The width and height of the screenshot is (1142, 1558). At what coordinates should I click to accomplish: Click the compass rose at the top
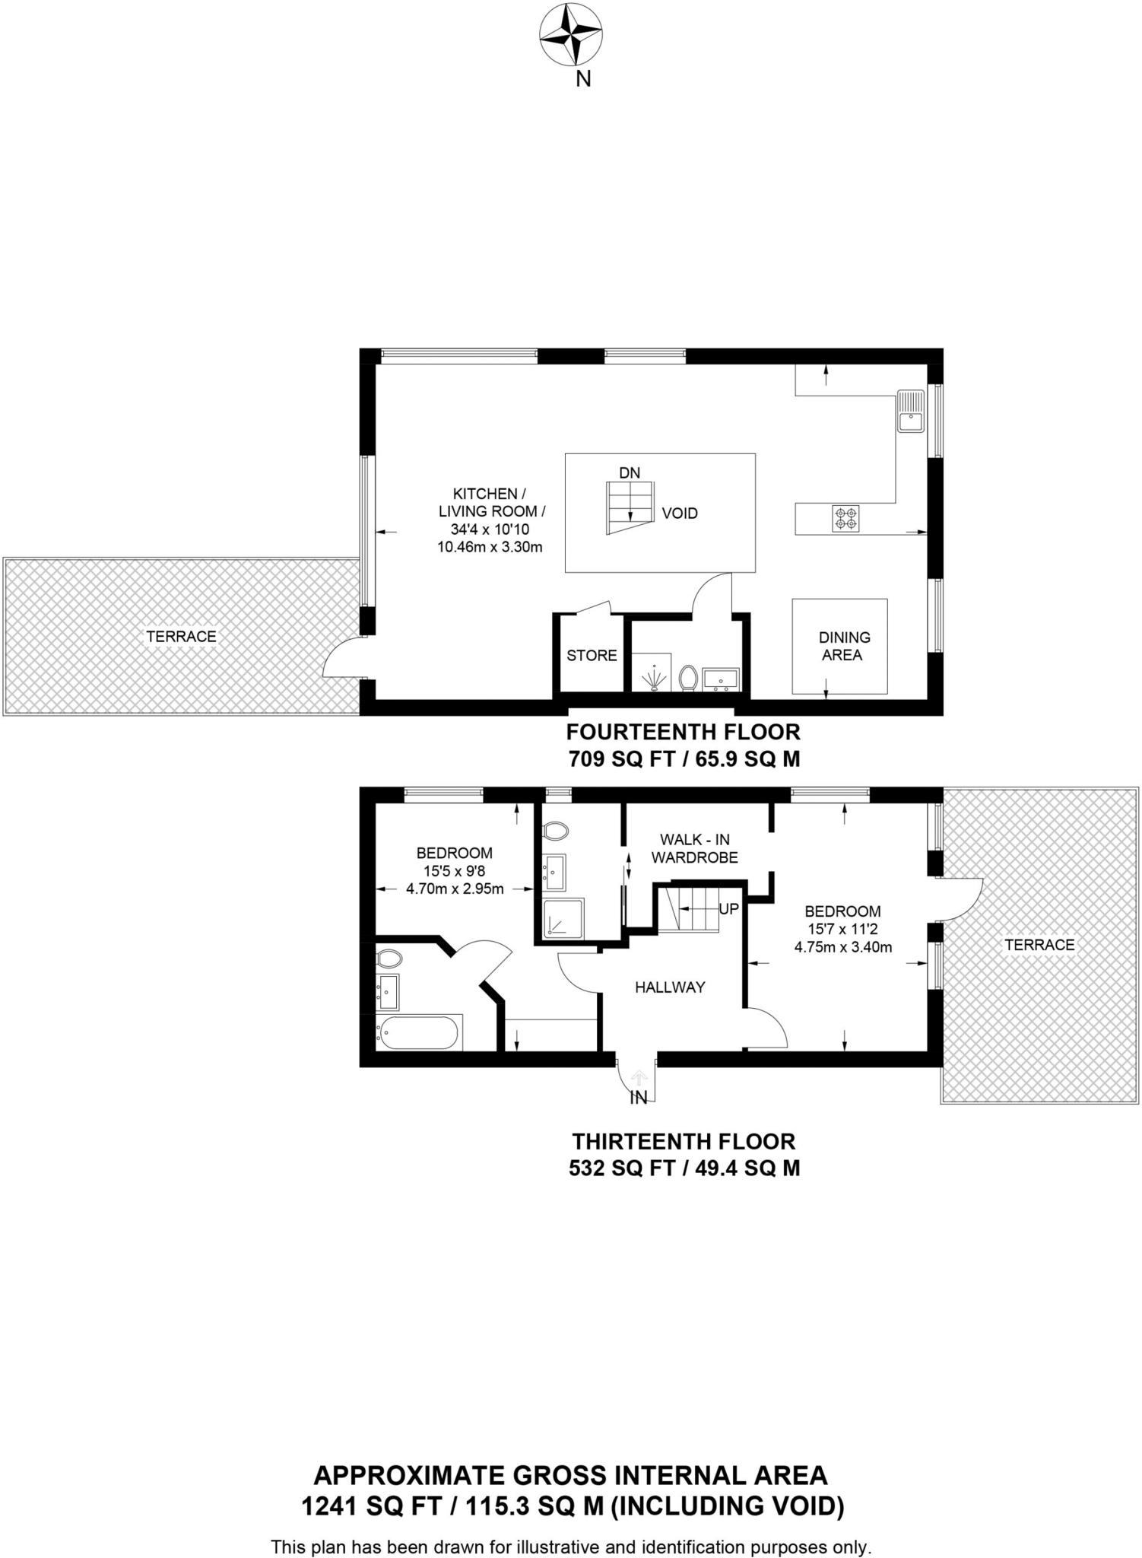pos(571,35)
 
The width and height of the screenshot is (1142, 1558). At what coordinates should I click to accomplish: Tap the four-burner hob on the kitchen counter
pos(845,518)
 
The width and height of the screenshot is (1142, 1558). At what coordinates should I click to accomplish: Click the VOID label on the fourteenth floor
pos(679,514)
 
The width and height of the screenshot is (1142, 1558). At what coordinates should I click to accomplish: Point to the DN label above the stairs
pos(630,472)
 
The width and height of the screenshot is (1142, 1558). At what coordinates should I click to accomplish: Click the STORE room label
pos(592,655)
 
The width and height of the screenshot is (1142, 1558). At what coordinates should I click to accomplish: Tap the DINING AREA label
pos(843,646)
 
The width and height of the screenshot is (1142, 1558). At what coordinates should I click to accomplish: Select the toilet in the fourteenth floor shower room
pos(688,676)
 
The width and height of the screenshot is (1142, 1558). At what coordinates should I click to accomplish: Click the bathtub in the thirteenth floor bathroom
pos(417,1032)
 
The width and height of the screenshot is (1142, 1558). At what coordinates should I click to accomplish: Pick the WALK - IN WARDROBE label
pos(694,848)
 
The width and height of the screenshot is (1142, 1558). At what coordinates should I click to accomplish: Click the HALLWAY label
pos(670,987)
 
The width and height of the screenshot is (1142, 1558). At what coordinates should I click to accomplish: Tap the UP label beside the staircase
pos(728,908)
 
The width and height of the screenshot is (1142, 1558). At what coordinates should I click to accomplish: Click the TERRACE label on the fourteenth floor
pos(181,636)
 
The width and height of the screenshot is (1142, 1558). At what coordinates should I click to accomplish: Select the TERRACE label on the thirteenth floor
pos(1039,944)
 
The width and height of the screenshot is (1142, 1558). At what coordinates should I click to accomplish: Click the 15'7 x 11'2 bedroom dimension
pos(842,929)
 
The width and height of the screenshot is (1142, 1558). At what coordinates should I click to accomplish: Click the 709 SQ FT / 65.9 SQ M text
pos(684,758)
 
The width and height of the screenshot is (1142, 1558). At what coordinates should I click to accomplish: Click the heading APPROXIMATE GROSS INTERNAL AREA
pos(570,1475)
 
